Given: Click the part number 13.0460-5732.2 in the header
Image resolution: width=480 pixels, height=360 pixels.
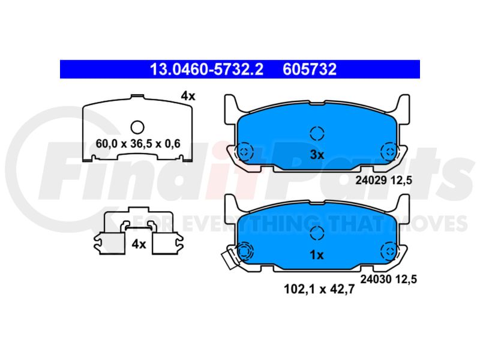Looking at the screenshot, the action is pyautogui.click(x=206, y=70).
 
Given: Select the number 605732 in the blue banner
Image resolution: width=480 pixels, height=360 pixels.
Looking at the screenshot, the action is pyautogui.click(x=310, y=70).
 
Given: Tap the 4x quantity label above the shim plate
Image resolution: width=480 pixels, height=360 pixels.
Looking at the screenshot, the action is pyautogui.click(x=188, y=96).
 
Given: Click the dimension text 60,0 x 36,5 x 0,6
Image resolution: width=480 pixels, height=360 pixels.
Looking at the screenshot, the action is pyautogui.click(x=138, y=143).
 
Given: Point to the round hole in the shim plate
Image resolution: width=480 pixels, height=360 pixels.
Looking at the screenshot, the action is pyautogui.click(x=137, y=127).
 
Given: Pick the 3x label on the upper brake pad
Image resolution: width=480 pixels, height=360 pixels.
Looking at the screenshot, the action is pyautogui.click(x=317, y=155).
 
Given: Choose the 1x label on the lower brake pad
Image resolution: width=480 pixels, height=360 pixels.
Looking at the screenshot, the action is pyautogui.click(x=317, y=254).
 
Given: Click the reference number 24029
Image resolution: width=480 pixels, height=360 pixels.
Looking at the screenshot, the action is pyautogui.click(x=371, y=181).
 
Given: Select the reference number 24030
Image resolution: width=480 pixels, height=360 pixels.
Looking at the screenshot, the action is pyautogui.click(x=376, y=279).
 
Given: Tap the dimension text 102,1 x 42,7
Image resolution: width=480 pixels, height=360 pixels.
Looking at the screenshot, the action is pyautogui.click(x=319, y=289).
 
